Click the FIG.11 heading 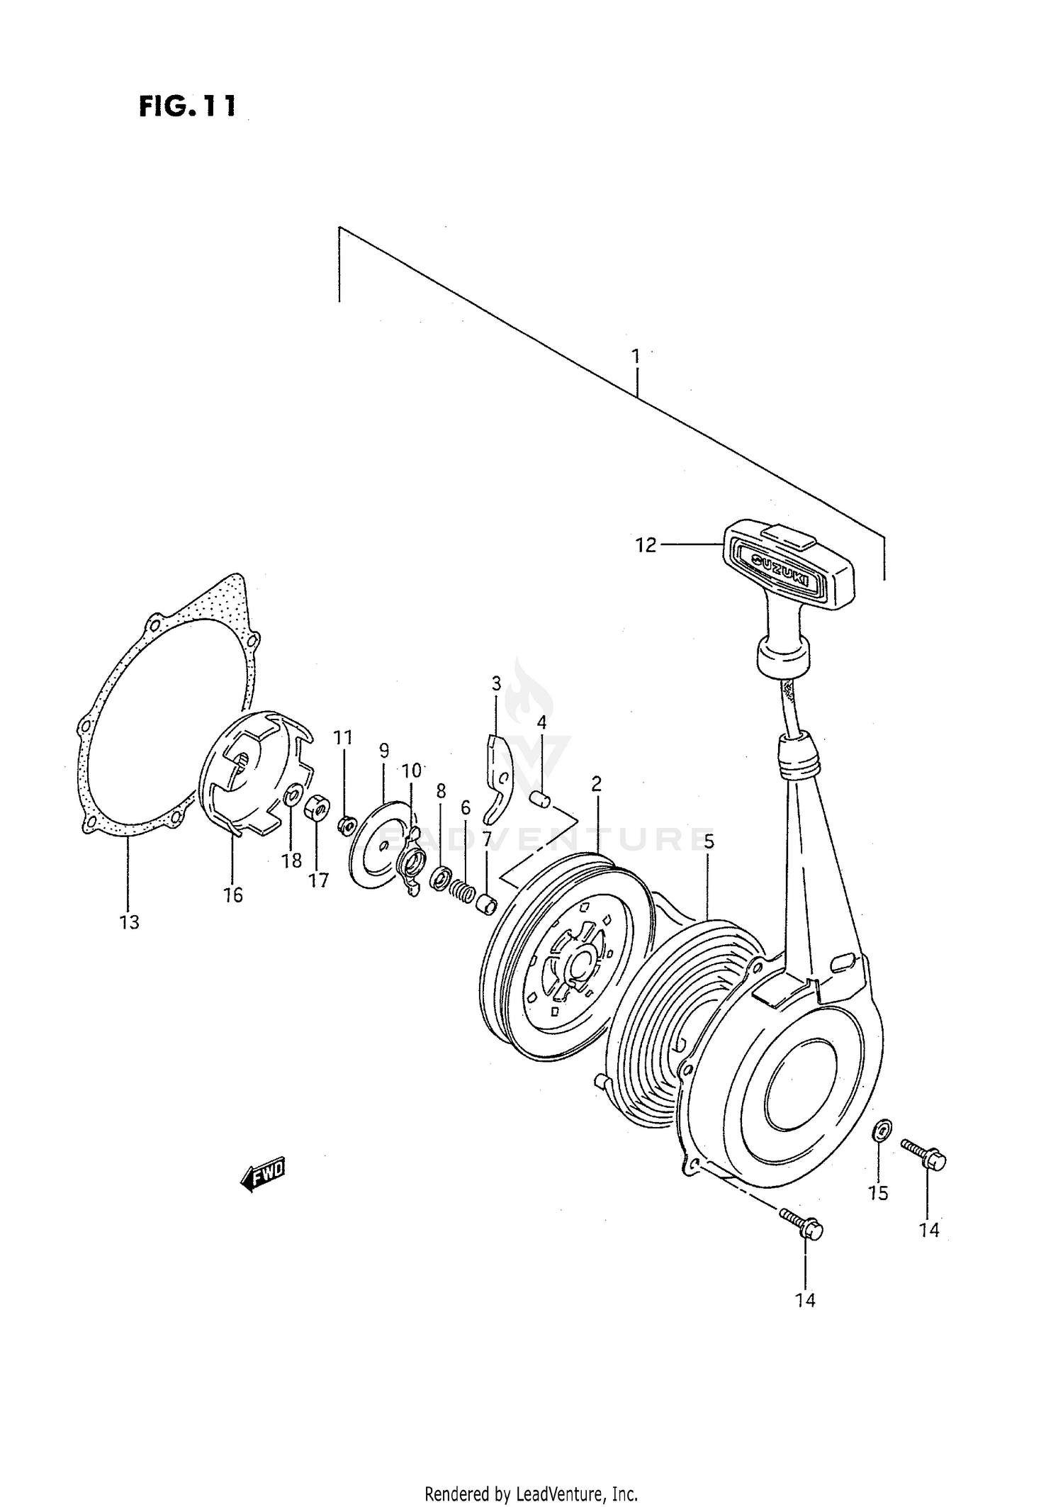pos(186,106)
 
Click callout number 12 pos(646,545)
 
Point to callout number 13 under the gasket pos(130,922)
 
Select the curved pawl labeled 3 pos(499,780)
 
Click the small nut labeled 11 pos(347,824)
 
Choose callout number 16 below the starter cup pos(233,895)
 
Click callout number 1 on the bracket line pos(636,355)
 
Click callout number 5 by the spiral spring pos(709,841)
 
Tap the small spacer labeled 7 pos(485,904)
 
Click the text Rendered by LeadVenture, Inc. pos(531,1494)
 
